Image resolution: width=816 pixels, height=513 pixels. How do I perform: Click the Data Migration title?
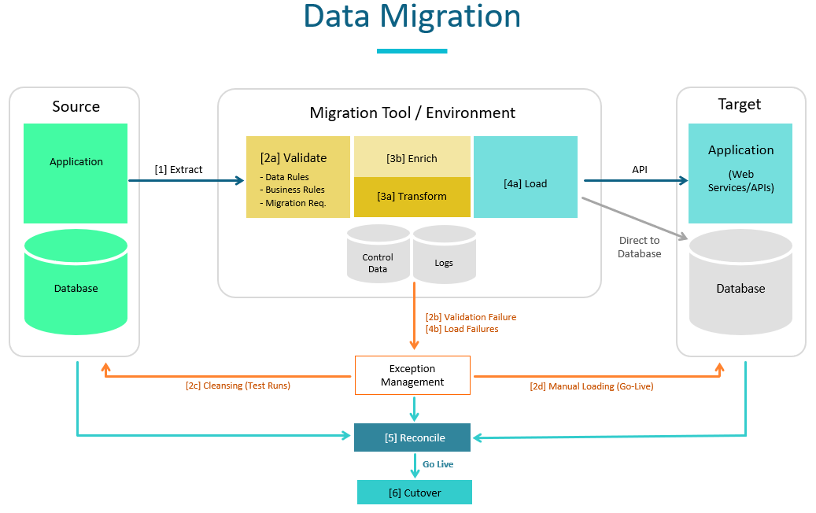(x=412, y=17)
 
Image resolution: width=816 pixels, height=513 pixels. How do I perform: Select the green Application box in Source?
(x=76, y=173)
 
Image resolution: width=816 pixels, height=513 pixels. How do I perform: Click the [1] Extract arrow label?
(x=179, y=169)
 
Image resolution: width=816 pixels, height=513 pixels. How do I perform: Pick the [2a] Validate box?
(x=297, y=176)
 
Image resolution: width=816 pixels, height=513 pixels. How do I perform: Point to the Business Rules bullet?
(x=295, y=190)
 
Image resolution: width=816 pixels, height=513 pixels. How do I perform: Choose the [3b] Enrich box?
(x=412, y=157)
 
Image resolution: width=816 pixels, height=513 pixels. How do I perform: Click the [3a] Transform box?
(x=412, y=197)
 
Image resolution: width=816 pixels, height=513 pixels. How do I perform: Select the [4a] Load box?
(x=525, y=183)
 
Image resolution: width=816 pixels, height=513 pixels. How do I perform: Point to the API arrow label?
(x=640, y=169)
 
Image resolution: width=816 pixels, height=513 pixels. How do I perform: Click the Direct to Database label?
(x=639, y=247)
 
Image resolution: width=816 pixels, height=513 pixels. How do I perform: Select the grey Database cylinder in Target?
(x=740, y=287)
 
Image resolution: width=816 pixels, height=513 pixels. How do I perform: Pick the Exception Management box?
(x=412, y=375)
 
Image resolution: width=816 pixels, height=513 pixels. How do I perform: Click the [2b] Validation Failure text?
(x=471, y=317)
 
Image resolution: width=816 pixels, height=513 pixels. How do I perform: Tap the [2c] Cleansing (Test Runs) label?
(x=238, y=386)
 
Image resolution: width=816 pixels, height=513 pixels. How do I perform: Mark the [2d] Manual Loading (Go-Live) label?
(x=591, y=386)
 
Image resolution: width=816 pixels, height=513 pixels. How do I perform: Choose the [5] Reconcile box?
(x=412, y=437)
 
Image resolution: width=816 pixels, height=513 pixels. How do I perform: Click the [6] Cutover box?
(x=414, y=493)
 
